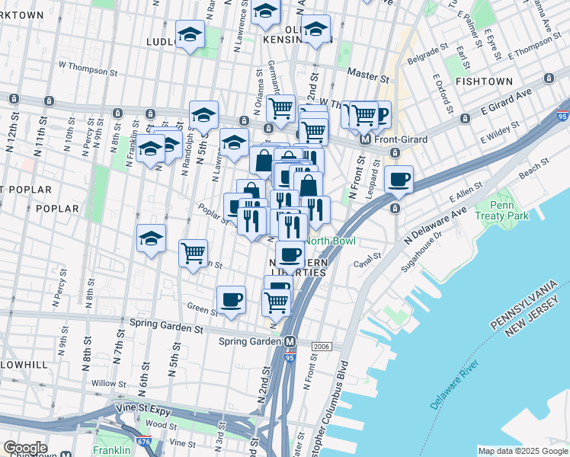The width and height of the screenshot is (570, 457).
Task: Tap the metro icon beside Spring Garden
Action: (290, 341)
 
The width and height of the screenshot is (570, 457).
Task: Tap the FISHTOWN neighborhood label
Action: (483, 80)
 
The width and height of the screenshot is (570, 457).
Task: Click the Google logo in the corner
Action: (25, 448)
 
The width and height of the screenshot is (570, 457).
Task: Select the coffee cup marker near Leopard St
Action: (399, 181)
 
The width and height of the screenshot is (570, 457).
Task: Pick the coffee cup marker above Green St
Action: (231, 300)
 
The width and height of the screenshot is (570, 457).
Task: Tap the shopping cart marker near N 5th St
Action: (194, 252)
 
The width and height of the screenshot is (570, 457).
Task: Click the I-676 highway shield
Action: (144, 441)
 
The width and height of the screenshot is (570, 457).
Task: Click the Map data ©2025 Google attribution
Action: (522, 451)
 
